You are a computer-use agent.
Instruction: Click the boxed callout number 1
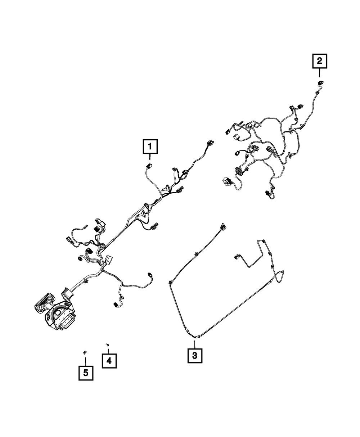pos(150,147)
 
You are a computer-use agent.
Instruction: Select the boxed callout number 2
pos(320,61)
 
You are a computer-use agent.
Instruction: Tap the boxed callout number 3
pos(195,355)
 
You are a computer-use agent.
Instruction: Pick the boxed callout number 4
pos(109,361)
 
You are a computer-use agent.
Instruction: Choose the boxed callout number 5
pos(86,373)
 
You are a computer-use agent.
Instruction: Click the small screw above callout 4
pos(108,344)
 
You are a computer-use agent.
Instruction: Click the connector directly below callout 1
pos(149,165)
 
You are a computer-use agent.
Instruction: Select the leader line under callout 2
pos(319,73)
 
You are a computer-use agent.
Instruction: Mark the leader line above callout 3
pos(194,344)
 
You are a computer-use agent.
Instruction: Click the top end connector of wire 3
pos(223,226)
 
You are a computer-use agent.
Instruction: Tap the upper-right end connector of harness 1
pos(210,143)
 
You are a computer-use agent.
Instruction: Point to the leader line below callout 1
pos(150,157)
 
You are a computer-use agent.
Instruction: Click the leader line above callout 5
pos(86,361)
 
